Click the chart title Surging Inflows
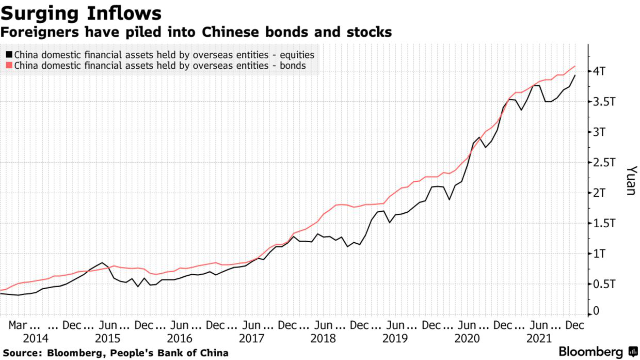[81, 13]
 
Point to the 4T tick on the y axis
[603, 71]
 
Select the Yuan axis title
[631, 181]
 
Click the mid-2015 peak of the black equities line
[102, 262]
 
